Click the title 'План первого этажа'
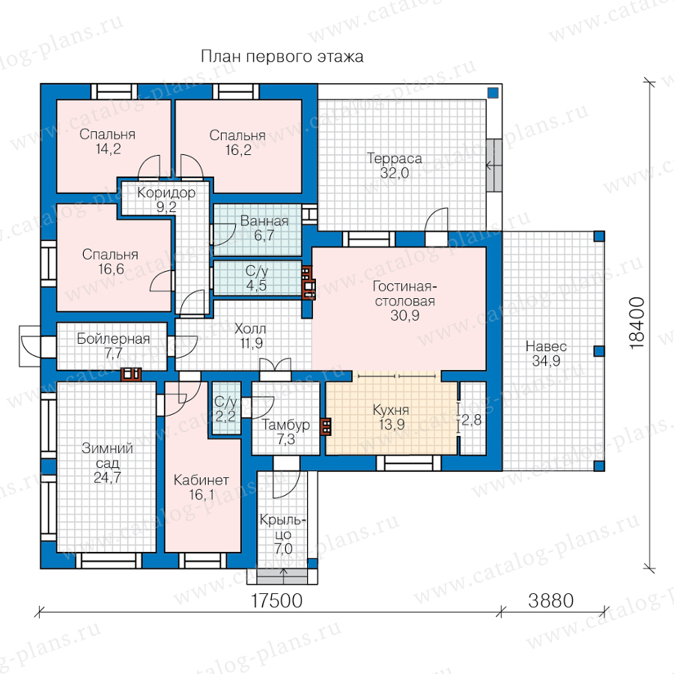pos(282,57)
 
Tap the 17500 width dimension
pos(276,601)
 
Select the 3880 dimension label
pos(550,601)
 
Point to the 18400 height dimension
pos(637,324)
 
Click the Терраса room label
pos(394,158)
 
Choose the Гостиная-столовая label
pos(404,294)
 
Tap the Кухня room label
pos(391,410)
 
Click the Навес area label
pos(546,346)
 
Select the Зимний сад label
pos(107,455)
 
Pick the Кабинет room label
pos(201,480)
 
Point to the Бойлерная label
pos(113,338)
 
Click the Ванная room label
pos(264,221)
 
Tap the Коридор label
pos(166,192)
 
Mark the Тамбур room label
pos(285,425)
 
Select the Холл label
pos(250,329)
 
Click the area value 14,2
pos(108,149)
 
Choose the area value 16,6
pos(111,269)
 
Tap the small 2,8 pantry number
pos(472,419)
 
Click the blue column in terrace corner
pos(493,92)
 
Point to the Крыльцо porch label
pos(283,527)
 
